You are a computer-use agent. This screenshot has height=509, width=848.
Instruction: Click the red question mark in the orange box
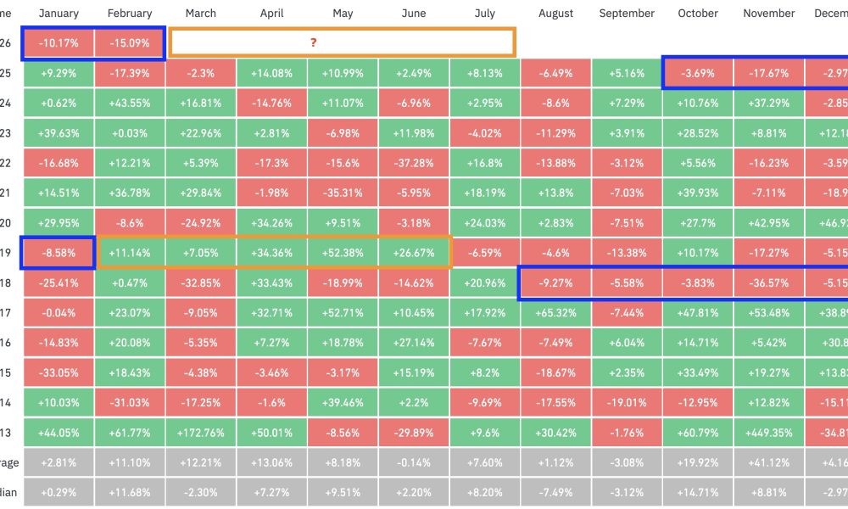342,42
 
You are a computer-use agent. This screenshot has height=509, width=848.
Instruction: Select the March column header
200,14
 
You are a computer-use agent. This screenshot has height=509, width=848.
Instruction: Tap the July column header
485,14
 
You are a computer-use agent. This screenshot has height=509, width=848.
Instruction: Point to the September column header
627,14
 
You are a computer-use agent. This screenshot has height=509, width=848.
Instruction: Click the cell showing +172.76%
200,431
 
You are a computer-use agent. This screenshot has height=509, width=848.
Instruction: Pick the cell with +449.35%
769,431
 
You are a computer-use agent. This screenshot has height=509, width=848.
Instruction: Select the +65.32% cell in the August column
556,312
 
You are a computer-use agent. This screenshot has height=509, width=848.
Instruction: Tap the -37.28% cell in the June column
414,163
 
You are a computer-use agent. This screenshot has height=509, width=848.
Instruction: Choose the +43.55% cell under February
130,103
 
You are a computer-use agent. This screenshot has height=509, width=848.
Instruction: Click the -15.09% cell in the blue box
130,43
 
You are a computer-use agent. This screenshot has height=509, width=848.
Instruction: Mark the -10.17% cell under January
59,43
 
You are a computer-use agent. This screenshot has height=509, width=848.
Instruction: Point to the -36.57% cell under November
769,282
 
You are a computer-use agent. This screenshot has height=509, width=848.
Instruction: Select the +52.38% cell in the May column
343,253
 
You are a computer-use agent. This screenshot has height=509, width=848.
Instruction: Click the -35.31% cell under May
343,193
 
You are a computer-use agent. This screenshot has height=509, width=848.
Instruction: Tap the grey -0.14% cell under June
414,461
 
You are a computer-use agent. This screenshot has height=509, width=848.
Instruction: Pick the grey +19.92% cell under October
698,461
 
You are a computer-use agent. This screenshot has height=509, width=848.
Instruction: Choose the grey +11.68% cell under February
130,491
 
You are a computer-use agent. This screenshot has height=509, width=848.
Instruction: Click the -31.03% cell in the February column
130,401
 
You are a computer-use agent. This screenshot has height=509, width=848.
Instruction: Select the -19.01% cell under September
627,401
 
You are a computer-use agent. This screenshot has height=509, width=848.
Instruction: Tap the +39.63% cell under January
59,133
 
